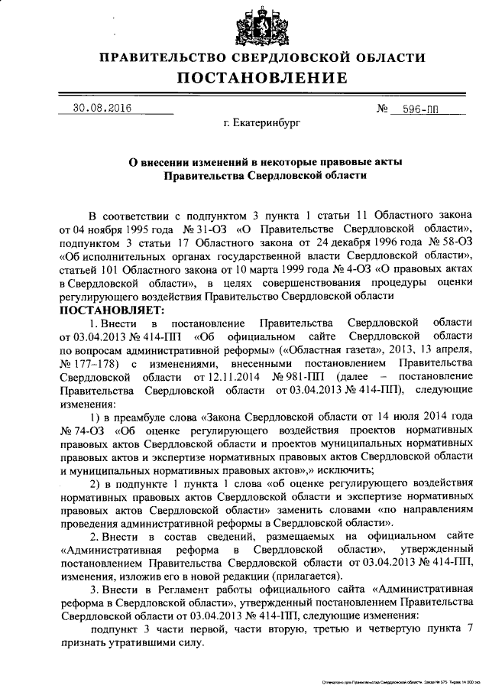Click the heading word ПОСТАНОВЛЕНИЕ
pyautogui.click(x=263, y=78)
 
